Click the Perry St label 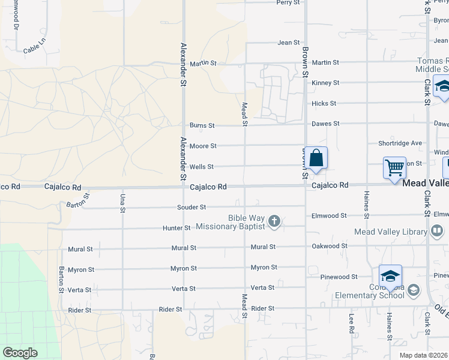pyautogui.click(x=288, y=2)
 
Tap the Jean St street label pyautogui.click(x=288, y=43)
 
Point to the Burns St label pyautogui.click(x=202, y=125)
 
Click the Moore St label pyautogui.click(x=203, y=146)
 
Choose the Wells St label pyautogui.click(x=201, y=167)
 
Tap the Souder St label pyautogui.click(x=191, y=207)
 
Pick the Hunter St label pyautogui.click(x=176, y=228)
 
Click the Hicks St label pyautogui.click(x=324, y=104)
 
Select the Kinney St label pyautogui.click(x=325, y=83)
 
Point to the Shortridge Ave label pyautogui.click(x=400, y=143)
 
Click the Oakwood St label pyautogui.click(x=329, y=246)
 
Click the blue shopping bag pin pyautogui.click(x=316, y=159)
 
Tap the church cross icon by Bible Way pyautogui.click(x=274, y=222)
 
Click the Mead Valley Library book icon pyautogui.click(x=437, y=230)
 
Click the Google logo pyautogui.click(x=20, y=353)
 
